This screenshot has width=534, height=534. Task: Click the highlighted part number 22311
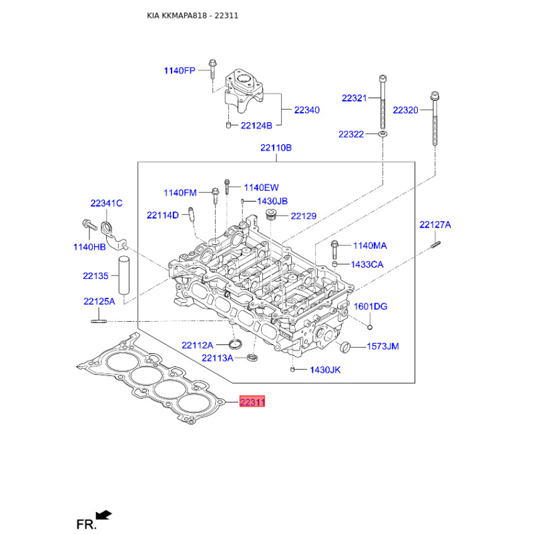coord(253,402)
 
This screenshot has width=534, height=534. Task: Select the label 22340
coord(306,110)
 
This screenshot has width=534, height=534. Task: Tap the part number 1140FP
coord(180,70)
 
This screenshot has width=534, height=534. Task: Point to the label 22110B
coord(276,148)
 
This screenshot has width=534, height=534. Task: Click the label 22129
coord(303,216)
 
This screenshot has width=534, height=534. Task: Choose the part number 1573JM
coord(382,347)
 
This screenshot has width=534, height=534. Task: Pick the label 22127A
coord(435,225)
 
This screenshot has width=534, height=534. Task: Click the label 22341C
coord(106,203)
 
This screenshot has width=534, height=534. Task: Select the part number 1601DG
coord(370,306)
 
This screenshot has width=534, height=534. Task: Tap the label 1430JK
coord(325,370)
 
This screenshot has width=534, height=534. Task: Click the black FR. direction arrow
coord(103,514)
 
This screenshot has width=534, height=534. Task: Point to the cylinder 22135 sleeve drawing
coord(123,274)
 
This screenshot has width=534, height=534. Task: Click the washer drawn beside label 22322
coord(383,135)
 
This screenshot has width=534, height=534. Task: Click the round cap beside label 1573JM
coord(344,347)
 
